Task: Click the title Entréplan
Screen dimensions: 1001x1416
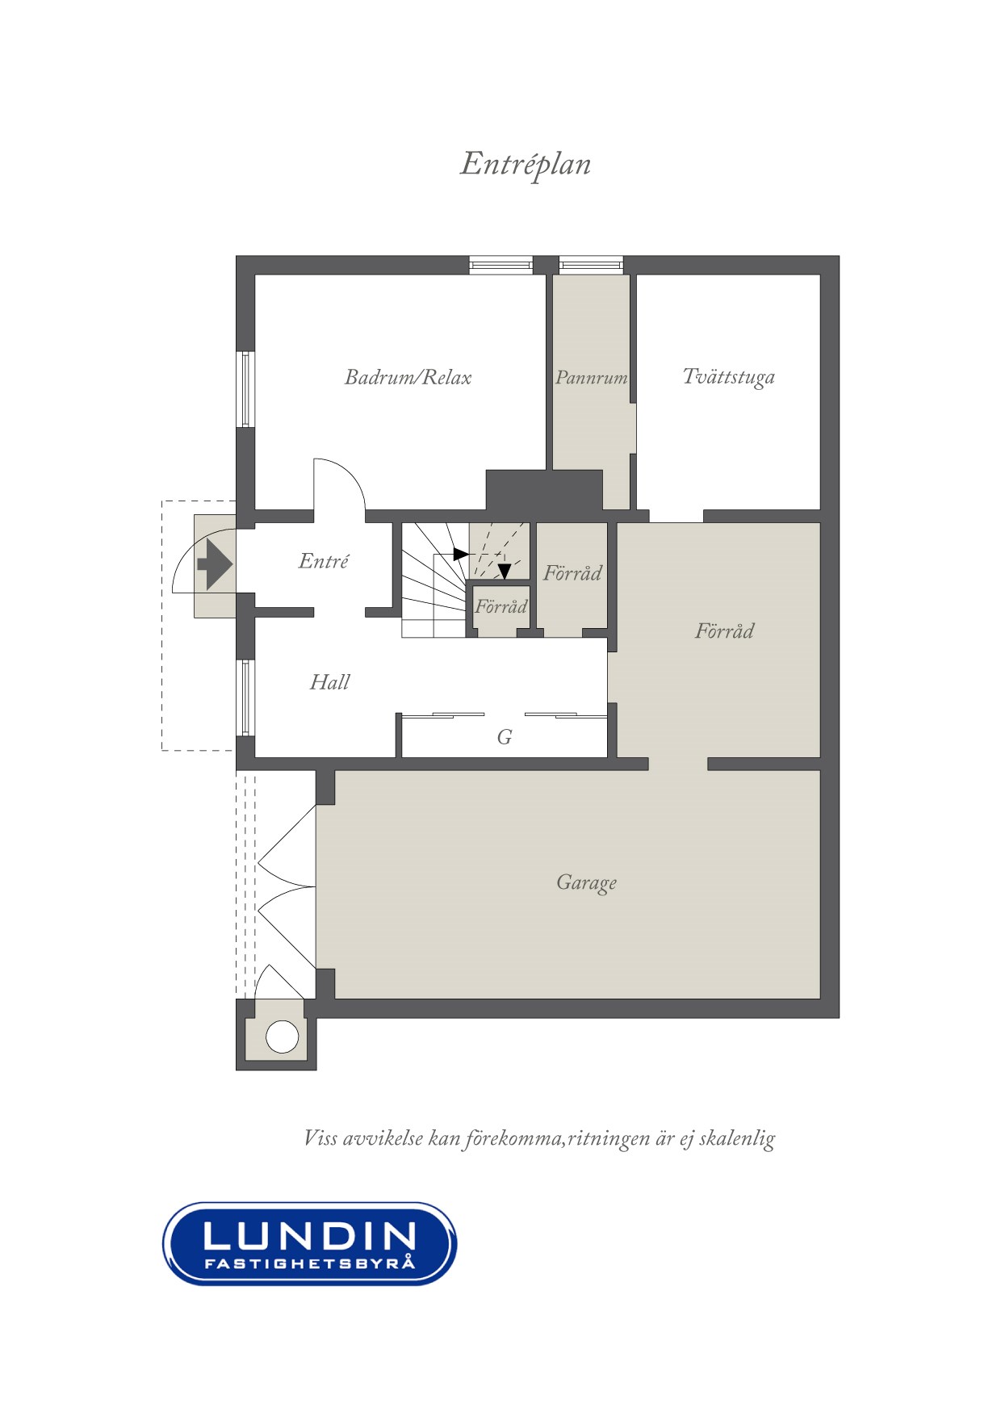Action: pos(526,165)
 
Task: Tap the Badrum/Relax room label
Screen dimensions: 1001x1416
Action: pos(408,377)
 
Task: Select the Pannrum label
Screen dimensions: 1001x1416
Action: pos(591,377)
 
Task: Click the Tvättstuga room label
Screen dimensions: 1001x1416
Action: pos(728,377)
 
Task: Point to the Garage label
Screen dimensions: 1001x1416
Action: pos(586,882)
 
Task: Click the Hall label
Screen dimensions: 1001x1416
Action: pos(329,682)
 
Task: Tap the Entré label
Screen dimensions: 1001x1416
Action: pos(323,560)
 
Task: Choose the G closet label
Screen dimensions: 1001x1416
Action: pos(505,736)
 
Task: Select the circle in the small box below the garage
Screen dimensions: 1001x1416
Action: pos(283,1037)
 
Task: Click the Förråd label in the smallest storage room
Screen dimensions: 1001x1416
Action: pos(500,606)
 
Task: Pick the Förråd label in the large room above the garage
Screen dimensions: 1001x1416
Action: pos(724,630)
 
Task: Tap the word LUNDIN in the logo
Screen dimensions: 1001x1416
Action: pos(310,1236)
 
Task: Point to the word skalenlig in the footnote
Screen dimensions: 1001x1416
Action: pos(736,1138)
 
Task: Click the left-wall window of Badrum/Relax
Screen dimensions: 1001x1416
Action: pos(245,389)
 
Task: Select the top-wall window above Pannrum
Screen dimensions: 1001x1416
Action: pos(591,264)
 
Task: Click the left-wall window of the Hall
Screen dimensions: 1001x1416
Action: pos(245,698)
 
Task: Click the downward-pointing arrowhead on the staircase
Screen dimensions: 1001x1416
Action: pos(505,572)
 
